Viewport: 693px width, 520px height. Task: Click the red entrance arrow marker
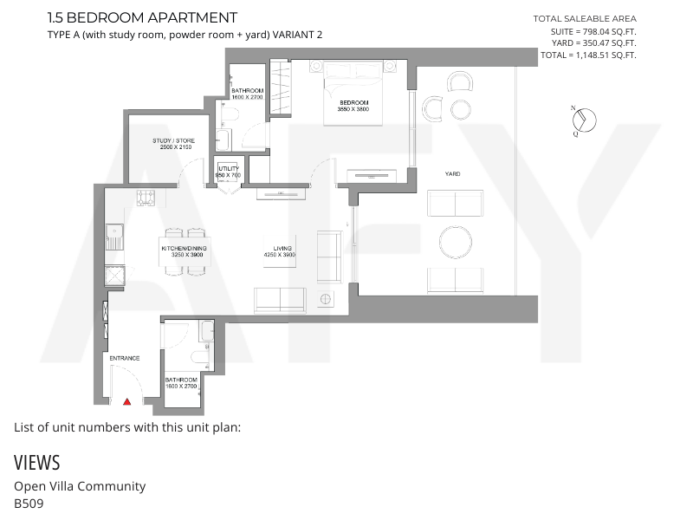point(126,401)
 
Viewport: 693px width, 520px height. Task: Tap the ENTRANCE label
point(125,358)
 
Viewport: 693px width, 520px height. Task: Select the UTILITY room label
point(229,168)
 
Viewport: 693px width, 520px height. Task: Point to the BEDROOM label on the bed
point(354,102)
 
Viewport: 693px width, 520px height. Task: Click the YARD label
point(452,174)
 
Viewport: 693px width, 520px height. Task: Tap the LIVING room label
point(282,248)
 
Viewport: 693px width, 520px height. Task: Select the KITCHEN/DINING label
point(184,248)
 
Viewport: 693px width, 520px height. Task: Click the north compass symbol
point(584,120)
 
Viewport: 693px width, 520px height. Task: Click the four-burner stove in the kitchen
point(146,198)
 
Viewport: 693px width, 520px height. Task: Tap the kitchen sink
point(114,237)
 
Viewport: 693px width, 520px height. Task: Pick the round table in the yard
point(456,242)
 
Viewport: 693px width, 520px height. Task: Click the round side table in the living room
point(326,299)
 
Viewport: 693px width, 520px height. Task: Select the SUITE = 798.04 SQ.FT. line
point(593,31)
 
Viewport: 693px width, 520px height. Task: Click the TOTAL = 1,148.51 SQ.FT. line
point(588,55)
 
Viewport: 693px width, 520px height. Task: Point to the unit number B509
point(29,504)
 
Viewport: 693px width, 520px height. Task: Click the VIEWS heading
point(36,463)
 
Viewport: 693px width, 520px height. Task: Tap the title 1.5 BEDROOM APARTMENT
point(142,17)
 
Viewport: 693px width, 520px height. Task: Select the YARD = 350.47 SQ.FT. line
point(593,42)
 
